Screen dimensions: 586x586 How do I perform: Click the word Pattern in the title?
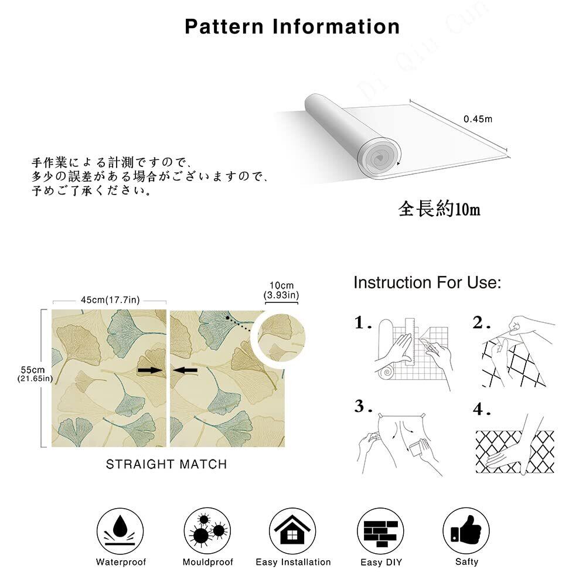[x=224, y=27]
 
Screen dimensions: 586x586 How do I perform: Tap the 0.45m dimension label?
[x=478, y=119]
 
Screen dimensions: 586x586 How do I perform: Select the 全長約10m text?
[x=439, y=209]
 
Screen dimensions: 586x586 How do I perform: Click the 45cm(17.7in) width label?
[x=110, y=300]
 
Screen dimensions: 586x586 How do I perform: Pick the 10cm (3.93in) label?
[x=281, y=291]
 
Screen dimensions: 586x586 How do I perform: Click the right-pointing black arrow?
[x=150, y=370]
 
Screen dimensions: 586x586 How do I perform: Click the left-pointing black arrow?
[x=185, y=370]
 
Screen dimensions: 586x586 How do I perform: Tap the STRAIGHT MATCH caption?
[x=166, y=464]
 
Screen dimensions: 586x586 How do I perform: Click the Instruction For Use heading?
[x=427, y=283]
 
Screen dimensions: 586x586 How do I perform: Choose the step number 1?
[x=363, y=322]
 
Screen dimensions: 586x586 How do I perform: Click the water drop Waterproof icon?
[x=120, y=531]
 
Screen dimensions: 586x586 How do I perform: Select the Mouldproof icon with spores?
[x=207, y=531]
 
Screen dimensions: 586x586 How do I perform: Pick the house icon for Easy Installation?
[x=292, y=531]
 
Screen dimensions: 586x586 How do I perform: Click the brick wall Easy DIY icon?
[x=381, y=531]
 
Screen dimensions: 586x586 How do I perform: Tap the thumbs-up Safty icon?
[x=466, y=531]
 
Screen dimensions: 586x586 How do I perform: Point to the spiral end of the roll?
[x=379, y=157]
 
